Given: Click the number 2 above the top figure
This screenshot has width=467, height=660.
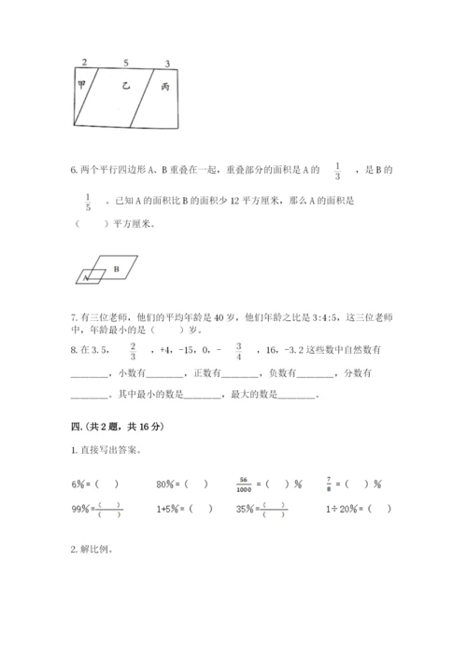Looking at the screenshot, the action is [x=85, y=63].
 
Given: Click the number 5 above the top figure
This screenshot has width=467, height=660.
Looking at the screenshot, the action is [x=126, y=63].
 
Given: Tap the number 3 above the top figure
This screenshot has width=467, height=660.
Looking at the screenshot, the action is [x=167, y=63].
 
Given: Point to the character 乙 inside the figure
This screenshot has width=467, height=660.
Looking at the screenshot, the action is [x=126, y=86].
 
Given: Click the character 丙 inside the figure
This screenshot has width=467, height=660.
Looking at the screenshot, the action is [x=164, y=86].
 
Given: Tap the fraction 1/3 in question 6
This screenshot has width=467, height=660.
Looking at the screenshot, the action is [x=337, y=171].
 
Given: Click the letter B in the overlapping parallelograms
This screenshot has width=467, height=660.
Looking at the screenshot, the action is [x=117, y=268].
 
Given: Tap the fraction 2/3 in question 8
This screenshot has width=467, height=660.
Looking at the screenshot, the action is [x=134, y=350].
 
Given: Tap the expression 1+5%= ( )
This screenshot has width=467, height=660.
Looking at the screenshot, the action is [x=182, y=509].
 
